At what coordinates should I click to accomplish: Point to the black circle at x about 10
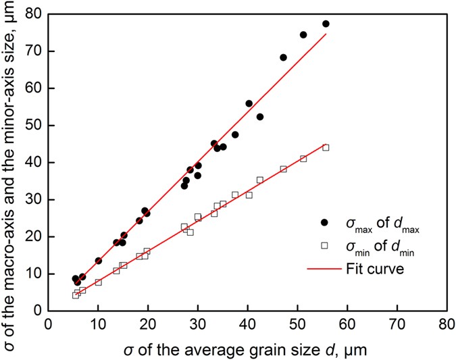coord(98,261)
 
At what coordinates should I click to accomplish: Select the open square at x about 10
coord(98,282)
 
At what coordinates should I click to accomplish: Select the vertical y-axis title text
coord(9,162)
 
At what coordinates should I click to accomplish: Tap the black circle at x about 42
coord(260,117)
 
